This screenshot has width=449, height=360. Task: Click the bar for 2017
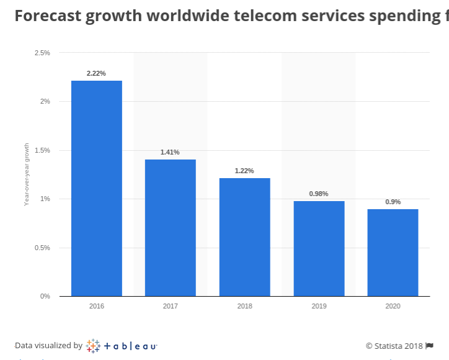click(x=171, y=228)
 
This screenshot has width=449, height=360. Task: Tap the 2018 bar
click(x=244, y=237)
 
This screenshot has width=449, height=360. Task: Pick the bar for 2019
click(x=319, y=248)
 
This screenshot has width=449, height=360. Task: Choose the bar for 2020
click(x=393, y=253)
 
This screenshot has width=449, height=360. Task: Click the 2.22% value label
click(x=97, y=73)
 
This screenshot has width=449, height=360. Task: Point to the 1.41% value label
click(x=170, y=152)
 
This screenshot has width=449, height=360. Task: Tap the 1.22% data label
click(x=244, y=171)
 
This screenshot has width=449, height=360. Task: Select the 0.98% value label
click(x=319, y=194)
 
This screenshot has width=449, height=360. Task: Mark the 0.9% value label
click(x=393, y=202)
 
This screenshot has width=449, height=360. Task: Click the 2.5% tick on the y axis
click(x=42, y=53)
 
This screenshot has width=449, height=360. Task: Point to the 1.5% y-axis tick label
click(x=42, y=150)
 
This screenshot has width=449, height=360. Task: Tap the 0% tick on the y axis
click(x=45, y=296)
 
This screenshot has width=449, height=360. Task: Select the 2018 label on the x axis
click(x=244, y=306)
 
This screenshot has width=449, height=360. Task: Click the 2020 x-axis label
click(x=393, y=306)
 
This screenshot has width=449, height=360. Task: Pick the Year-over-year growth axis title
click(x=27, y=174)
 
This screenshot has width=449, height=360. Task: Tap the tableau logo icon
click(x=93, y=346)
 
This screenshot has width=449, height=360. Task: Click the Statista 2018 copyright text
click(x=394, y=346)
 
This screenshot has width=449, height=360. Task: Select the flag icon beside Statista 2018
click(x=429, y=346)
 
